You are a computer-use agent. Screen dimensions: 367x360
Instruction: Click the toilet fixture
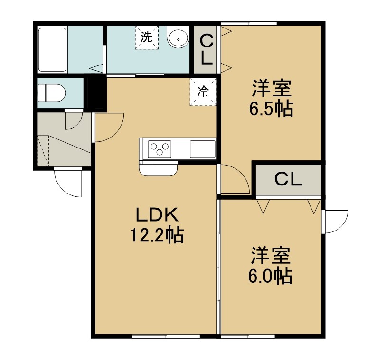point(51,93)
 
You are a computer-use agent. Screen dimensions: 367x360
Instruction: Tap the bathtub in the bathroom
point(52,49)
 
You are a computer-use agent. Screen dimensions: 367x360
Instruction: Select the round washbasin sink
point(178,38)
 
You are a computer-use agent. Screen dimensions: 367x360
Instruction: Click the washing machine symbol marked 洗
point(147,37)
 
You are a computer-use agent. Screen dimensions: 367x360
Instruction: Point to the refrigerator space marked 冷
point(203,92)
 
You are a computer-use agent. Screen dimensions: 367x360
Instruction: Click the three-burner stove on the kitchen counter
point(160,149)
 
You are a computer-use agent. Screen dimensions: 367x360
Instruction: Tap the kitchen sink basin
point(203,149)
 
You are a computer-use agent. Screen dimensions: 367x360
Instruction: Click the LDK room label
point(158,214)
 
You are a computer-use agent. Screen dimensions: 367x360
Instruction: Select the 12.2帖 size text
point(157,235)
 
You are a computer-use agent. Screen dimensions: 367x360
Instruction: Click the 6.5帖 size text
point(271,109)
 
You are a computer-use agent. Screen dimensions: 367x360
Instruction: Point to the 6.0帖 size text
point(270,276)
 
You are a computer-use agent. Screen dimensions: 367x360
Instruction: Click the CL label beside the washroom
point(206,49)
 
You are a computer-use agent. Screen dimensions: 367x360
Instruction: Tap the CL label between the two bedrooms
point(288,179)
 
